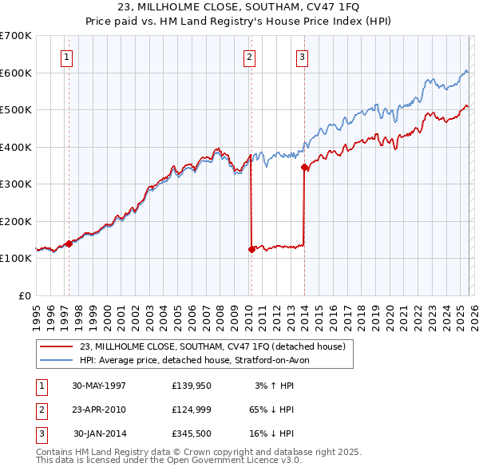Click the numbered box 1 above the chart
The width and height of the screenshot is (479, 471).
click(65, 57)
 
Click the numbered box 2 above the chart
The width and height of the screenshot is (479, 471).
click(249, 57)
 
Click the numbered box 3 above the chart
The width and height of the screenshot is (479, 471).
click(303, 57)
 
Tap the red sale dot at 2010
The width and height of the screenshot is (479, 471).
click(251, 249)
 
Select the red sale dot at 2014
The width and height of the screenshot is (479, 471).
click(304, 168)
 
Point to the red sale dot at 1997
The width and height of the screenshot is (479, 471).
click(69, 243)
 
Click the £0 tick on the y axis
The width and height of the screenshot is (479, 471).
click(24, 295)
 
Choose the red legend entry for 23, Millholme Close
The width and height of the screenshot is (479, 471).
click(212, 346)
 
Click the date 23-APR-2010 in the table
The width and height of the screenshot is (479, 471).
click(99, 410)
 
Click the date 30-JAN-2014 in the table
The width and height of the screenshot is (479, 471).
click(99, 434)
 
